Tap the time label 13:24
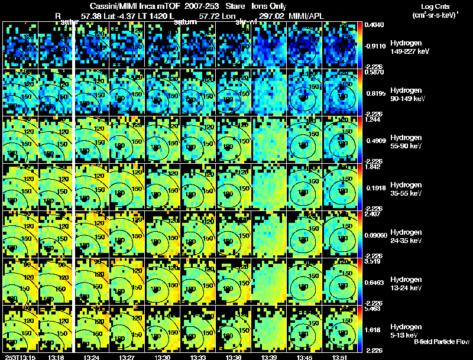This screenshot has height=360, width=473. pos(92,357)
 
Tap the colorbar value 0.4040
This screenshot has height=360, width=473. pos(374,25)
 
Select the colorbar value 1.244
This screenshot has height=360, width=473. pos(374,120)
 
